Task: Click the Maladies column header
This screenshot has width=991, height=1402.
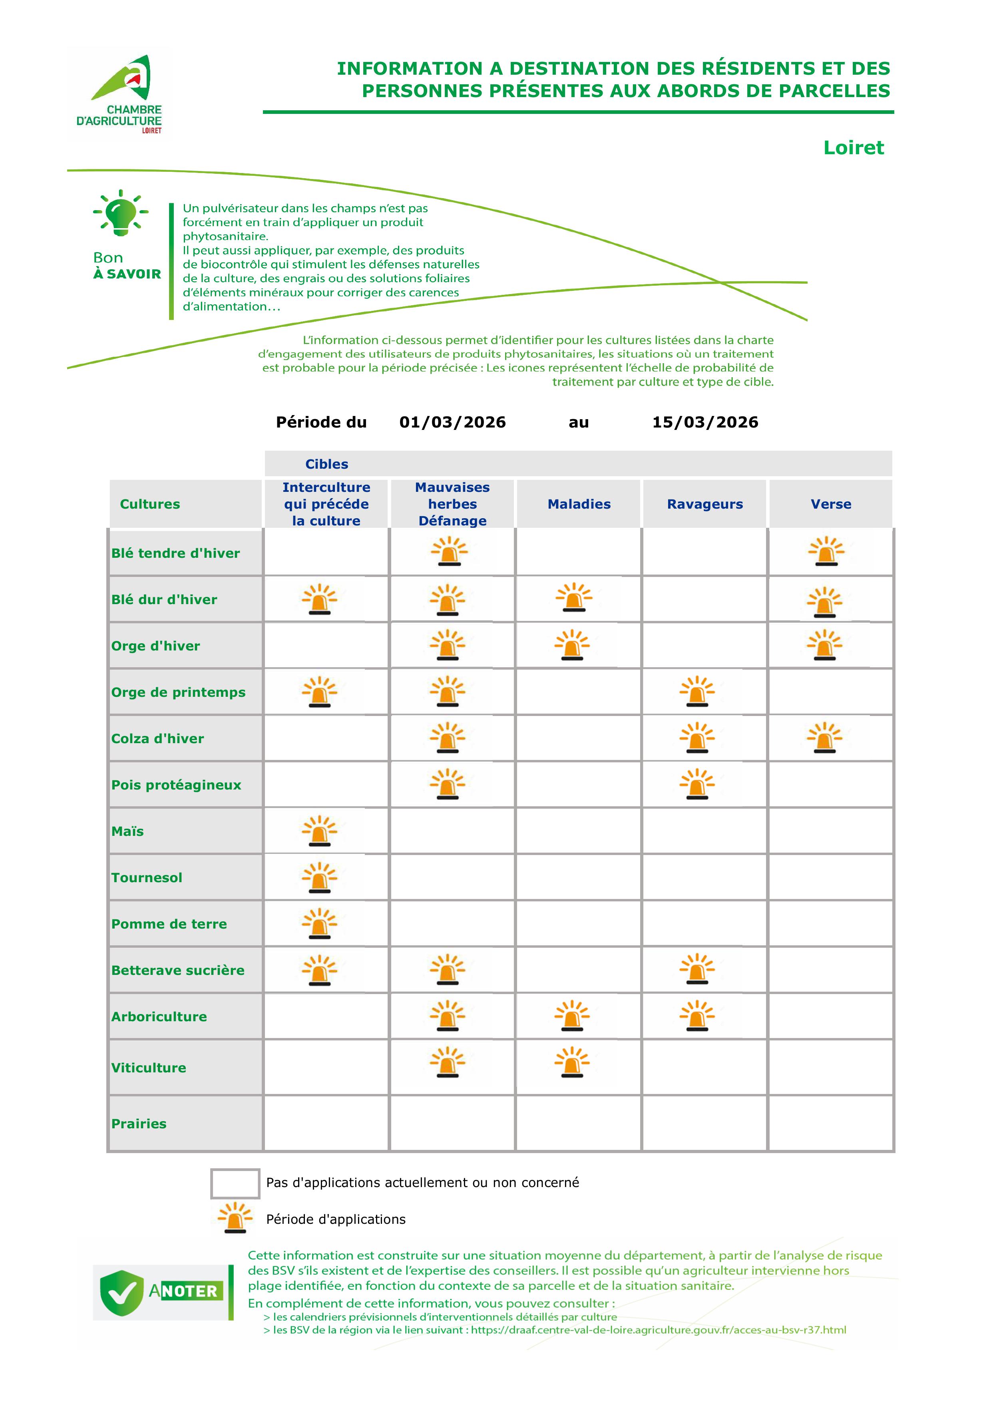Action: [579, 504]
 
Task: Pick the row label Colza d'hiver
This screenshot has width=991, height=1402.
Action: [157, 738]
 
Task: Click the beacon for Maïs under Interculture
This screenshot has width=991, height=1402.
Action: [319, 831]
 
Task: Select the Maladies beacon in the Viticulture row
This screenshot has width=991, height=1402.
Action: [572, 1062]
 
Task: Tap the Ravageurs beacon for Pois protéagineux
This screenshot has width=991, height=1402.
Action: [696, 785]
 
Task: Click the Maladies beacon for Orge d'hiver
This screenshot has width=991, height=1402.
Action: [572, 645]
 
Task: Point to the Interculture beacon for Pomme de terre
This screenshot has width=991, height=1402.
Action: [319, 924]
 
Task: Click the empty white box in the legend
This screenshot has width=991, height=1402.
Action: [235, 1183]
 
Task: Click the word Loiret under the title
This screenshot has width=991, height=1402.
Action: [853, 148]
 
